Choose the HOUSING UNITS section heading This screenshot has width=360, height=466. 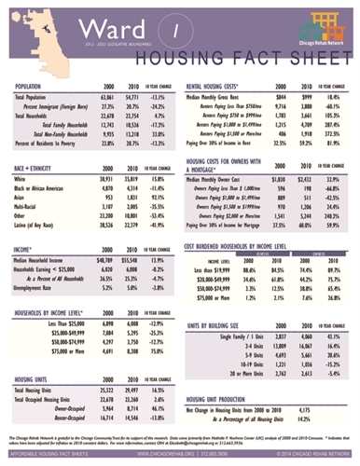click(38, 380)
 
